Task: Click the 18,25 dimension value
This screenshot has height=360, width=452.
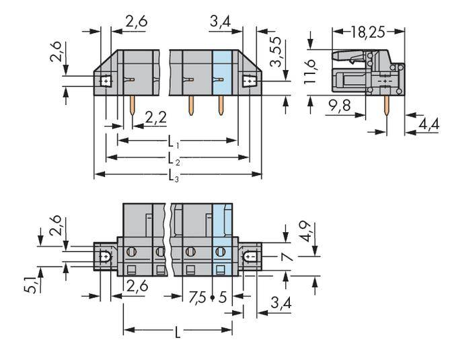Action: point(369,31)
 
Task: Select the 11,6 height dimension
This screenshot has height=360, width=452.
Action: point(310,71)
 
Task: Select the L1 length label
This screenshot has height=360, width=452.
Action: point(174,143)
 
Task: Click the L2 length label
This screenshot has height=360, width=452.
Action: point(174,159)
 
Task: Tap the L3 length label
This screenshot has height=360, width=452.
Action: point(174,177)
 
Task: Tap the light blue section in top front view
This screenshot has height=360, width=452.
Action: point(221,74)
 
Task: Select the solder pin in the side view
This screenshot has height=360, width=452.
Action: point(387,111)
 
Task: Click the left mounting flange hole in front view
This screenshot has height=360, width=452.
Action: point(106,81)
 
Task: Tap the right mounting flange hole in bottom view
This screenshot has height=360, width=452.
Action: point(250,256)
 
